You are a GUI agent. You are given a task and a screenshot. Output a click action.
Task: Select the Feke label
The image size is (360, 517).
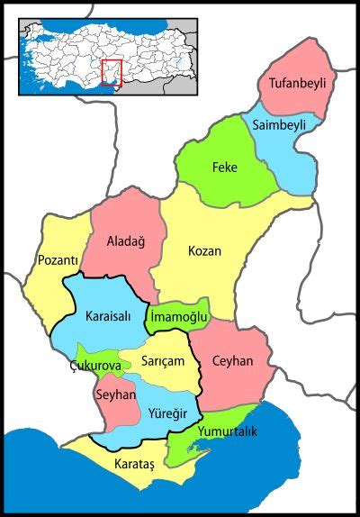click(x=223, y=168)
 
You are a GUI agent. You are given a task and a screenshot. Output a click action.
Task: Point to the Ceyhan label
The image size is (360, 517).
click(x=232, y=361)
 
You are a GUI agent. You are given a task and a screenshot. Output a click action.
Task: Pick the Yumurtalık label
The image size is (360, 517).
click(x=228, y=432)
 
